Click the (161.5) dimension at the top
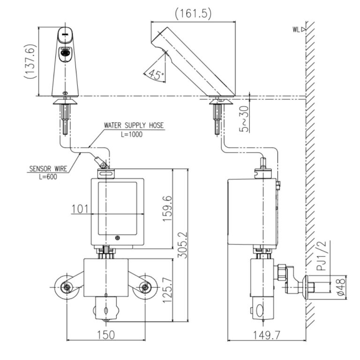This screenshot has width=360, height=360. point(193,14)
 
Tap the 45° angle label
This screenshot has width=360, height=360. point(154,74)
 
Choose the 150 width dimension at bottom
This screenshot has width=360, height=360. point(107,335)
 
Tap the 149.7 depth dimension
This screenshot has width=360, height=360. point(265,335)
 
